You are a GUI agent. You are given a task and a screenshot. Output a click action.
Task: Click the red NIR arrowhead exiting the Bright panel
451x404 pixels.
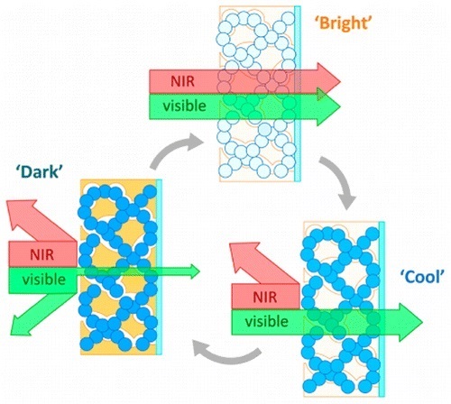(x=328, y=82)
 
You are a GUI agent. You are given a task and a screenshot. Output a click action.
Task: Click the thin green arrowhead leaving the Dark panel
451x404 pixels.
(x=191, y=268)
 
